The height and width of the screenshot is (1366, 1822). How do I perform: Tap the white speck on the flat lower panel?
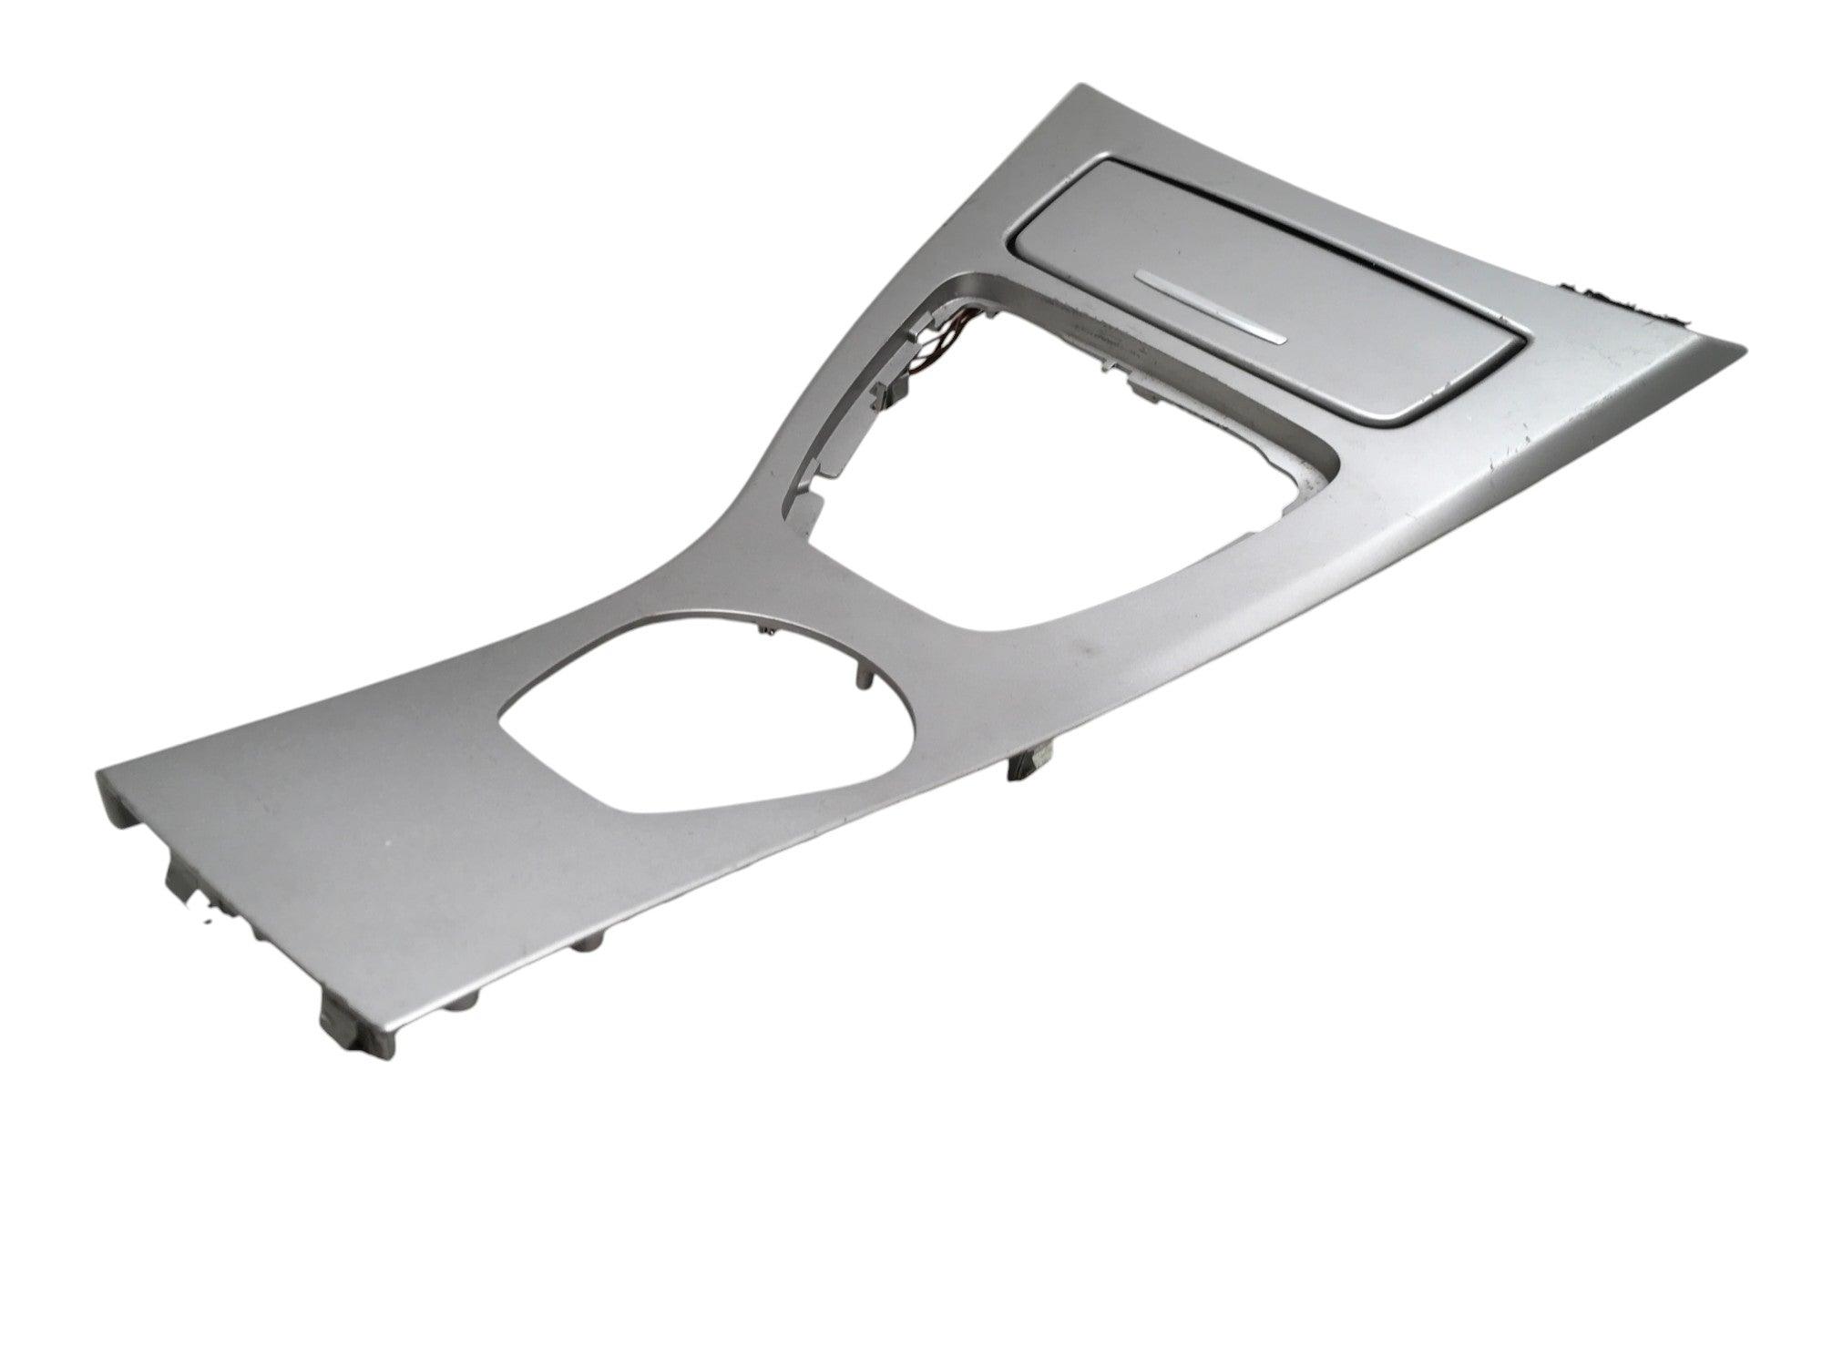391,847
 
